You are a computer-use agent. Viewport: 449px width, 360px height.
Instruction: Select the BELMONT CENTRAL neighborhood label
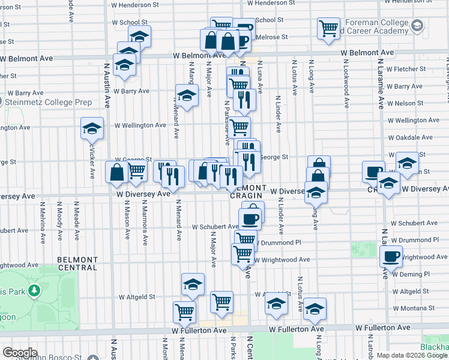click(77, 264)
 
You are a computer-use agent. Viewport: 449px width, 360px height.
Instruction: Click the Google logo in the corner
click(20, 353)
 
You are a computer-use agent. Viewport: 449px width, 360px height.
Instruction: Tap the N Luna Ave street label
click(260, 76)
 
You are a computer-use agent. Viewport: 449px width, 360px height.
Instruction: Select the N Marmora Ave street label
click(145, 223)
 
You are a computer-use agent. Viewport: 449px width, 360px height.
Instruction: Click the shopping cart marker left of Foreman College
click(328, 28)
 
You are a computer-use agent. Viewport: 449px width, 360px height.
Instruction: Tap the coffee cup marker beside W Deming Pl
click(391, 257)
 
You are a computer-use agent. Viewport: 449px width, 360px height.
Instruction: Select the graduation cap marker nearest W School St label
click(139, 36)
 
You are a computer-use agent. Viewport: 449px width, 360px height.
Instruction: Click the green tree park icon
click(35, 290)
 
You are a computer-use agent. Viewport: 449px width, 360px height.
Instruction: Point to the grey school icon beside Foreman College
click(417, 25)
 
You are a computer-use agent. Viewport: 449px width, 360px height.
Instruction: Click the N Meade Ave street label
click(76, 221)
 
